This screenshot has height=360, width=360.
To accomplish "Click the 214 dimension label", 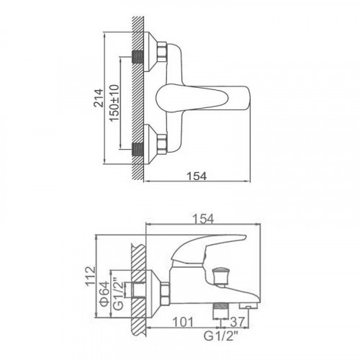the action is [99, 98].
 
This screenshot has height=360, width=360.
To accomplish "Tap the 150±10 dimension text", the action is [114, 103].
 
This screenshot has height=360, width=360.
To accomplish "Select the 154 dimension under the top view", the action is [197, 176].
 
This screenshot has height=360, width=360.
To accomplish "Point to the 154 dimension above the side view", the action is [203, 219].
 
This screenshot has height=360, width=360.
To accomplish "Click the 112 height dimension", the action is [91, 276].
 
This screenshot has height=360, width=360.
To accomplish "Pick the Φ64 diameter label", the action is [105, 294].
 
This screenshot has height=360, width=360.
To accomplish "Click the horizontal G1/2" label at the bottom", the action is [221, 336].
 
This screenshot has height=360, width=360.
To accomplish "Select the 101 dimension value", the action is [183, 322].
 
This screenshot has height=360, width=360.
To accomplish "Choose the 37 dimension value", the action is [238, 322].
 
